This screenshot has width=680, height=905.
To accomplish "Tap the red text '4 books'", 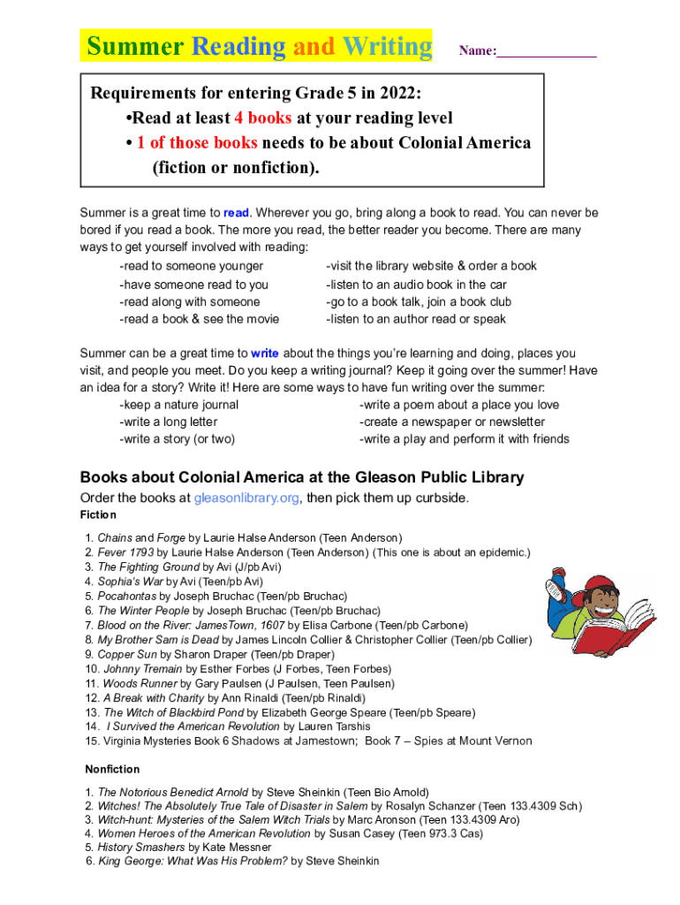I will (x=262, y=118).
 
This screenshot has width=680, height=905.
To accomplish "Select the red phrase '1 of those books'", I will (x=197, y=142).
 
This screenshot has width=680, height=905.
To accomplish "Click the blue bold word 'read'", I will (x=236, y=213).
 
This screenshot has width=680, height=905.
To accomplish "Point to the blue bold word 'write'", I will (x=265, y=354).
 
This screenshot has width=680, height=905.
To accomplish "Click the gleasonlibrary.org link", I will (x=246, y=498).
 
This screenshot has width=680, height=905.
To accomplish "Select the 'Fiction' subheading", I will (x=98, y=515).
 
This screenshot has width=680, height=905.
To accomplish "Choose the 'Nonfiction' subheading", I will (x=112, y=770).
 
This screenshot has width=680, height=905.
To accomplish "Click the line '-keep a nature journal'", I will (x=178, y=405).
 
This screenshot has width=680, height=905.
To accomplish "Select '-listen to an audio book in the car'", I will (x=416, y=285).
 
